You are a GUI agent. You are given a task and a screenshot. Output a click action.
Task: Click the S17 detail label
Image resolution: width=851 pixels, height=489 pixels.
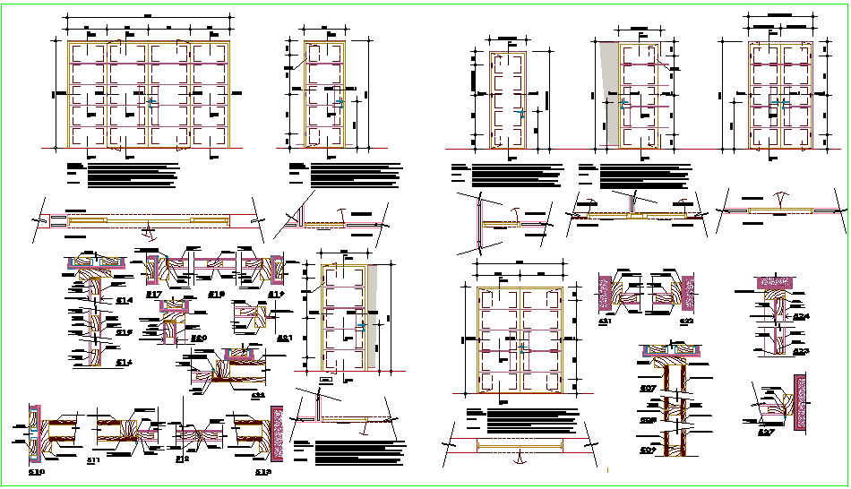click(153, 295)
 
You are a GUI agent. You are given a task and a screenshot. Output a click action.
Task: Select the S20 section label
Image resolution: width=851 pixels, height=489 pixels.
click(199, 338)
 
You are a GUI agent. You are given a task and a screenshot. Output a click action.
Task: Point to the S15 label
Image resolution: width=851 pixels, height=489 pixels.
click(124, 331)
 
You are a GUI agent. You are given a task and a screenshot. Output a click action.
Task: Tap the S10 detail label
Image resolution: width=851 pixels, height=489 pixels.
click(37, 472)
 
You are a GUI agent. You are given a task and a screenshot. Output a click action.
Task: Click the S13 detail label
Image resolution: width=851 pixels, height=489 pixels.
click(262, 472)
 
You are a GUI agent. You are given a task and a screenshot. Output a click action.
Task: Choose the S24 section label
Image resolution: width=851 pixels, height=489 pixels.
click(800, 316)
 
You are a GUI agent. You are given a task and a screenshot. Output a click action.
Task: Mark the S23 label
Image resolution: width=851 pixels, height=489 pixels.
click(800, 351)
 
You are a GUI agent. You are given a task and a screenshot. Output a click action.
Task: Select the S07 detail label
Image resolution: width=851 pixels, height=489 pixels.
click(647, 388)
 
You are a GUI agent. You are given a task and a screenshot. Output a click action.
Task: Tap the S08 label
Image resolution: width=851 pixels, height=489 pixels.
click(647, 419)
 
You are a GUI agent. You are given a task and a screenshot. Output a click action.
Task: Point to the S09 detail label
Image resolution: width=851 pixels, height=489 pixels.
click(647, 450)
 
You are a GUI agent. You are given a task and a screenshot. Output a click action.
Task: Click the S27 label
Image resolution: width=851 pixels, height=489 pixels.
click(765, 433)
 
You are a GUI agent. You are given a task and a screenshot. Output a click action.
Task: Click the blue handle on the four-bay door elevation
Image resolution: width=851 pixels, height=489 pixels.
click(150, 104)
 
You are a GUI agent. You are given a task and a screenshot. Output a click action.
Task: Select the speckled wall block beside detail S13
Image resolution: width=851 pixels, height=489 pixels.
click(278, 435)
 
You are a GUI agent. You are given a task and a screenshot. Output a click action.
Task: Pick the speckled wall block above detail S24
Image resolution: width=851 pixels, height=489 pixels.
click(777, 281)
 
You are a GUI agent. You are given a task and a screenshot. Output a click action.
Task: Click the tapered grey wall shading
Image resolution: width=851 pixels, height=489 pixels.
click(608, 90)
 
